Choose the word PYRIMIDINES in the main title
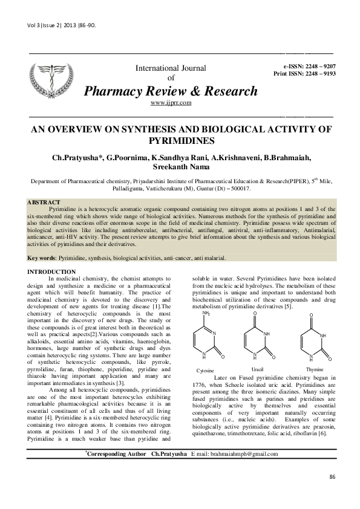pos(180,141)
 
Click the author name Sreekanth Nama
pos(180,167)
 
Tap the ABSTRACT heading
pos(44,201)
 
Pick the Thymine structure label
pos(314,368)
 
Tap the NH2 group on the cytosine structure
pos(206,314)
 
